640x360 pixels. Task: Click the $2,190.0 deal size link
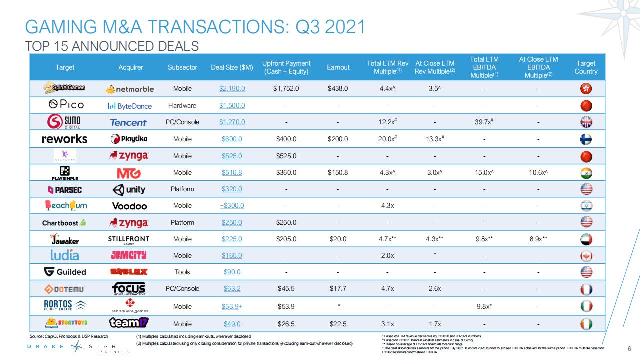click(232, 89)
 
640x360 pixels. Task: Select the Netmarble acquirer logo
click(130, 89)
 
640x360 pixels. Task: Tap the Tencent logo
click(128, 122)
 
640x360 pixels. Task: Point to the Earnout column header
click(338, 67)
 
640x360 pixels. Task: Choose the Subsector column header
click(182, 67)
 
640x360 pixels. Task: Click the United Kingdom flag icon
click(586, 122)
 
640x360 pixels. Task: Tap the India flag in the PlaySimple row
click(586, 172)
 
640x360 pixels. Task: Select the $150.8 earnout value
click(338, 172)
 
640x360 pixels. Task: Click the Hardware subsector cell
click(182, 106)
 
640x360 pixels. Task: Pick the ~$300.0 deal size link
click(232, 206)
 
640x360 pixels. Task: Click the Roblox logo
click(128, 272)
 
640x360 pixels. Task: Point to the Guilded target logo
click(65, 272)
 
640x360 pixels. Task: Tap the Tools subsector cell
click(182, 272)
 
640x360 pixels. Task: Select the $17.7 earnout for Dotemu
click(338, 288)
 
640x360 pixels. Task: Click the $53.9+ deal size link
click(232, 306)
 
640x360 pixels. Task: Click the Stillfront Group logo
click(128, 239)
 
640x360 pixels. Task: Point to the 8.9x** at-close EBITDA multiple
click(538, 239)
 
